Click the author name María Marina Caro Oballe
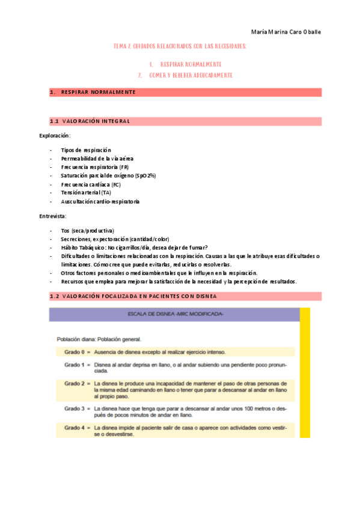click(285, 32)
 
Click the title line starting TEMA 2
click(180, 46)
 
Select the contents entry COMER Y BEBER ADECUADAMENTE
click(191, 75)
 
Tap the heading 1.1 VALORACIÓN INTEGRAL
click(90, 121)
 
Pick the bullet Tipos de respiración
click(86, 150)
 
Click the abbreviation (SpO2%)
click(146, 175)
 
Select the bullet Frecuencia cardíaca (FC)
click(91, 184)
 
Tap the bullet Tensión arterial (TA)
click(86, 192)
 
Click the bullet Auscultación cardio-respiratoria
click(100, 201)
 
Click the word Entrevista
click(53, 215)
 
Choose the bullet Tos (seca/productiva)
click(87, 230)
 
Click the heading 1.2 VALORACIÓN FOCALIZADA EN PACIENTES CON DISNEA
click(133, 296)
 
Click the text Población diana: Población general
click(98, 339)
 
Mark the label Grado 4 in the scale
click(76, 427)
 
